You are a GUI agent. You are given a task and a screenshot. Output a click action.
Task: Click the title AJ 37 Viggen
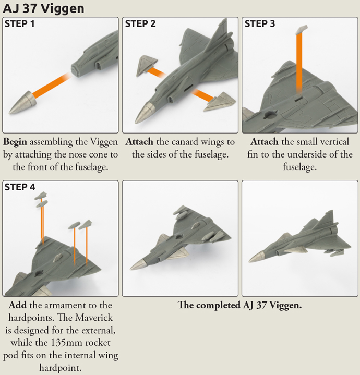[x=43, y=9]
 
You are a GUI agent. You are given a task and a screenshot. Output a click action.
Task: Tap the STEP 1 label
[x=20, y=23]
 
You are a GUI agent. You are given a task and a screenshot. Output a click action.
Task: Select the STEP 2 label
[x=140, y=23]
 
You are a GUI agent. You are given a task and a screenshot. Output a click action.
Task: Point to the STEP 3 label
[x=260, y=23]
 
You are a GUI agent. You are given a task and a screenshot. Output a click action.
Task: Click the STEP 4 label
[x=20, y=187]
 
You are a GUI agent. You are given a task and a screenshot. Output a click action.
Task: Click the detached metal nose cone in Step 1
[x=22, y=102]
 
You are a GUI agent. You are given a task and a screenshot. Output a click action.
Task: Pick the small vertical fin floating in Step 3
[x=302, y=29]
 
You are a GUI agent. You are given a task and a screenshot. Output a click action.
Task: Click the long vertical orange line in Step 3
[x=299, y=64]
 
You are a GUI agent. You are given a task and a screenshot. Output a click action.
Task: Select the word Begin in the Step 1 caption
[x=15, y=142]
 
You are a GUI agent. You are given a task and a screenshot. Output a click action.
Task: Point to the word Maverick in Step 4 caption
[x=93, y=318]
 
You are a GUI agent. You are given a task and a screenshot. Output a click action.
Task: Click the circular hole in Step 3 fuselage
[x=270, y=115]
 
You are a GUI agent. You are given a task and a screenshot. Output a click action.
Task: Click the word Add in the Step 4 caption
[x=17, y=305]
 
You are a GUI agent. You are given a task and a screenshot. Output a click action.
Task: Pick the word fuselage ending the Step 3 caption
[x=299, y=167]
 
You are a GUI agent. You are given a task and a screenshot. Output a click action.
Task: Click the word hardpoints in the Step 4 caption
[x=32, y=318]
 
